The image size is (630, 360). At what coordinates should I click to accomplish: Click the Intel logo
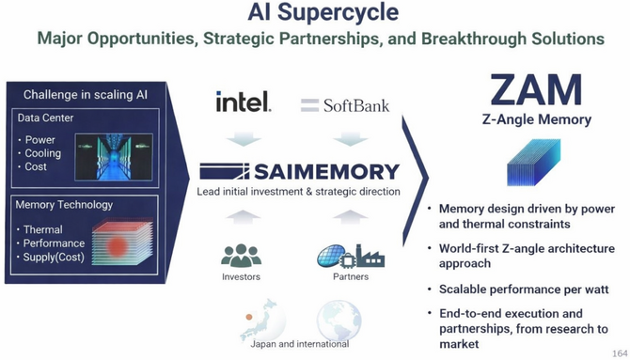tap(244, 102)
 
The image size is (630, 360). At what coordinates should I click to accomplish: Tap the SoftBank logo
tap(345, 104)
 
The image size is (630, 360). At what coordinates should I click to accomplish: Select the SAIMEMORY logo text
tap(299, 172)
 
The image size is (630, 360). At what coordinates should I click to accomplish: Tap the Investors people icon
tap(242, 256)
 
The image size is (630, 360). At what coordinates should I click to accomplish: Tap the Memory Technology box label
tap(65, 204)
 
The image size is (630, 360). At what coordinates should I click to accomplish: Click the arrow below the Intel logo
tap(244, 138)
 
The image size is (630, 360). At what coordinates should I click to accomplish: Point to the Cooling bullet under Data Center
tap(43, 153)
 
